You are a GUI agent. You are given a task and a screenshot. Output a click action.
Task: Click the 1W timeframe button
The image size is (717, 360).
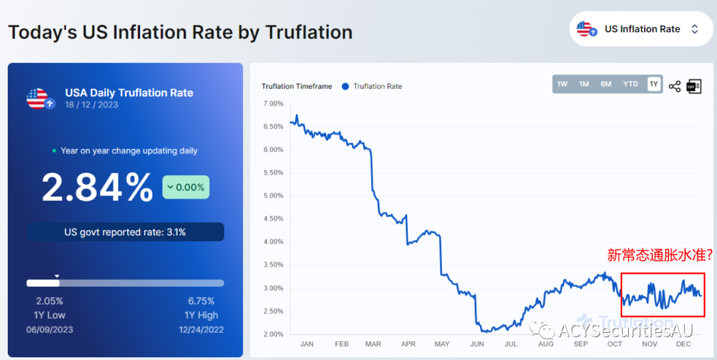[x=562, y=84]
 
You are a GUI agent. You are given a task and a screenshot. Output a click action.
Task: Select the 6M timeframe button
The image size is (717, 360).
[x=606, y=84]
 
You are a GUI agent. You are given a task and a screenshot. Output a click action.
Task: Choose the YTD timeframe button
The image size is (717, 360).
[x=630, y=84]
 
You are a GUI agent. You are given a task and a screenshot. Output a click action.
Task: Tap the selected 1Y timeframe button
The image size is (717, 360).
[x=654, y=84]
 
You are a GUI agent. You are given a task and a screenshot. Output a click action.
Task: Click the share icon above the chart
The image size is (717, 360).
[x=675, y=86]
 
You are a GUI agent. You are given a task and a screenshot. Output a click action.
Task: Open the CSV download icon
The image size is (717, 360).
[x=694, y=86]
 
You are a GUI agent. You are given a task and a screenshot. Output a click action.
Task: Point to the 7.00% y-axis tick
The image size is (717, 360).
[x=273, y=104]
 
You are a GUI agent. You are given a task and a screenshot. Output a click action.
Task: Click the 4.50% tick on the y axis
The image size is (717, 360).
[x=273, y=219]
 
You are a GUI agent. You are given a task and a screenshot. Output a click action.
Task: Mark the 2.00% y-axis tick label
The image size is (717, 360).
[x=273, y=334]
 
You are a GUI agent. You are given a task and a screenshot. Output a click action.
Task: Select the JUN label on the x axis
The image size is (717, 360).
[x=476, y=344]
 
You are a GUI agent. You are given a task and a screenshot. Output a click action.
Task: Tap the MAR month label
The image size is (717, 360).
[x=373, y=344]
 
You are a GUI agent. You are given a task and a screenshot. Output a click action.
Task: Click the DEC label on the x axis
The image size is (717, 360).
[x=684, y=344]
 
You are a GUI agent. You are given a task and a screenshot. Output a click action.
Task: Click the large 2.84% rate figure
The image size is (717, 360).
[x=98, y=187]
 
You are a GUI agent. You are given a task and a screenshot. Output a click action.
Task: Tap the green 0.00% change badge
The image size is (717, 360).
[x=186, y=187]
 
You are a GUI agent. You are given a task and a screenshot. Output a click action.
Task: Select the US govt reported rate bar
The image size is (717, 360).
[x=125, y=232]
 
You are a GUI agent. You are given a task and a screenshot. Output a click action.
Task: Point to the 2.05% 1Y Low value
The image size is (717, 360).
[x=49, y=301]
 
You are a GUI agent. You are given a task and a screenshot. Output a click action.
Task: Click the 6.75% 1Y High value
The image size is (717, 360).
[x=201, y=301]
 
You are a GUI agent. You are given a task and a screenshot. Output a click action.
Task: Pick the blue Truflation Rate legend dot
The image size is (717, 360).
[x=345, y=86]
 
